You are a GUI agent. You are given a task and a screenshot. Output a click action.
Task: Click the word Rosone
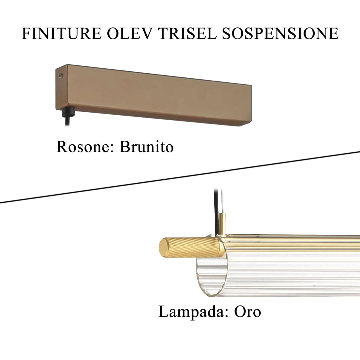(x=83, y=147)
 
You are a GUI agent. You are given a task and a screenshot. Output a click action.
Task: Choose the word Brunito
(x=146, y=147)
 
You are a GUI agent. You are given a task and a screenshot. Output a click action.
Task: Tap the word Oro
(x=247, y=312)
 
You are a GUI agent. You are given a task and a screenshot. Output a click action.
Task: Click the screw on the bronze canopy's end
(x=60, y=76)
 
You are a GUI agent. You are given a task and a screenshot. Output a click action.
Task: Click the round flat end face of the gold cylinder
(x=164, y=247)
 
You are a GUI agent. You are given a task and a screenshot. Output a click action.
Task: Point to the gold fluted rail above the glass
(x=291, y=243)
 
